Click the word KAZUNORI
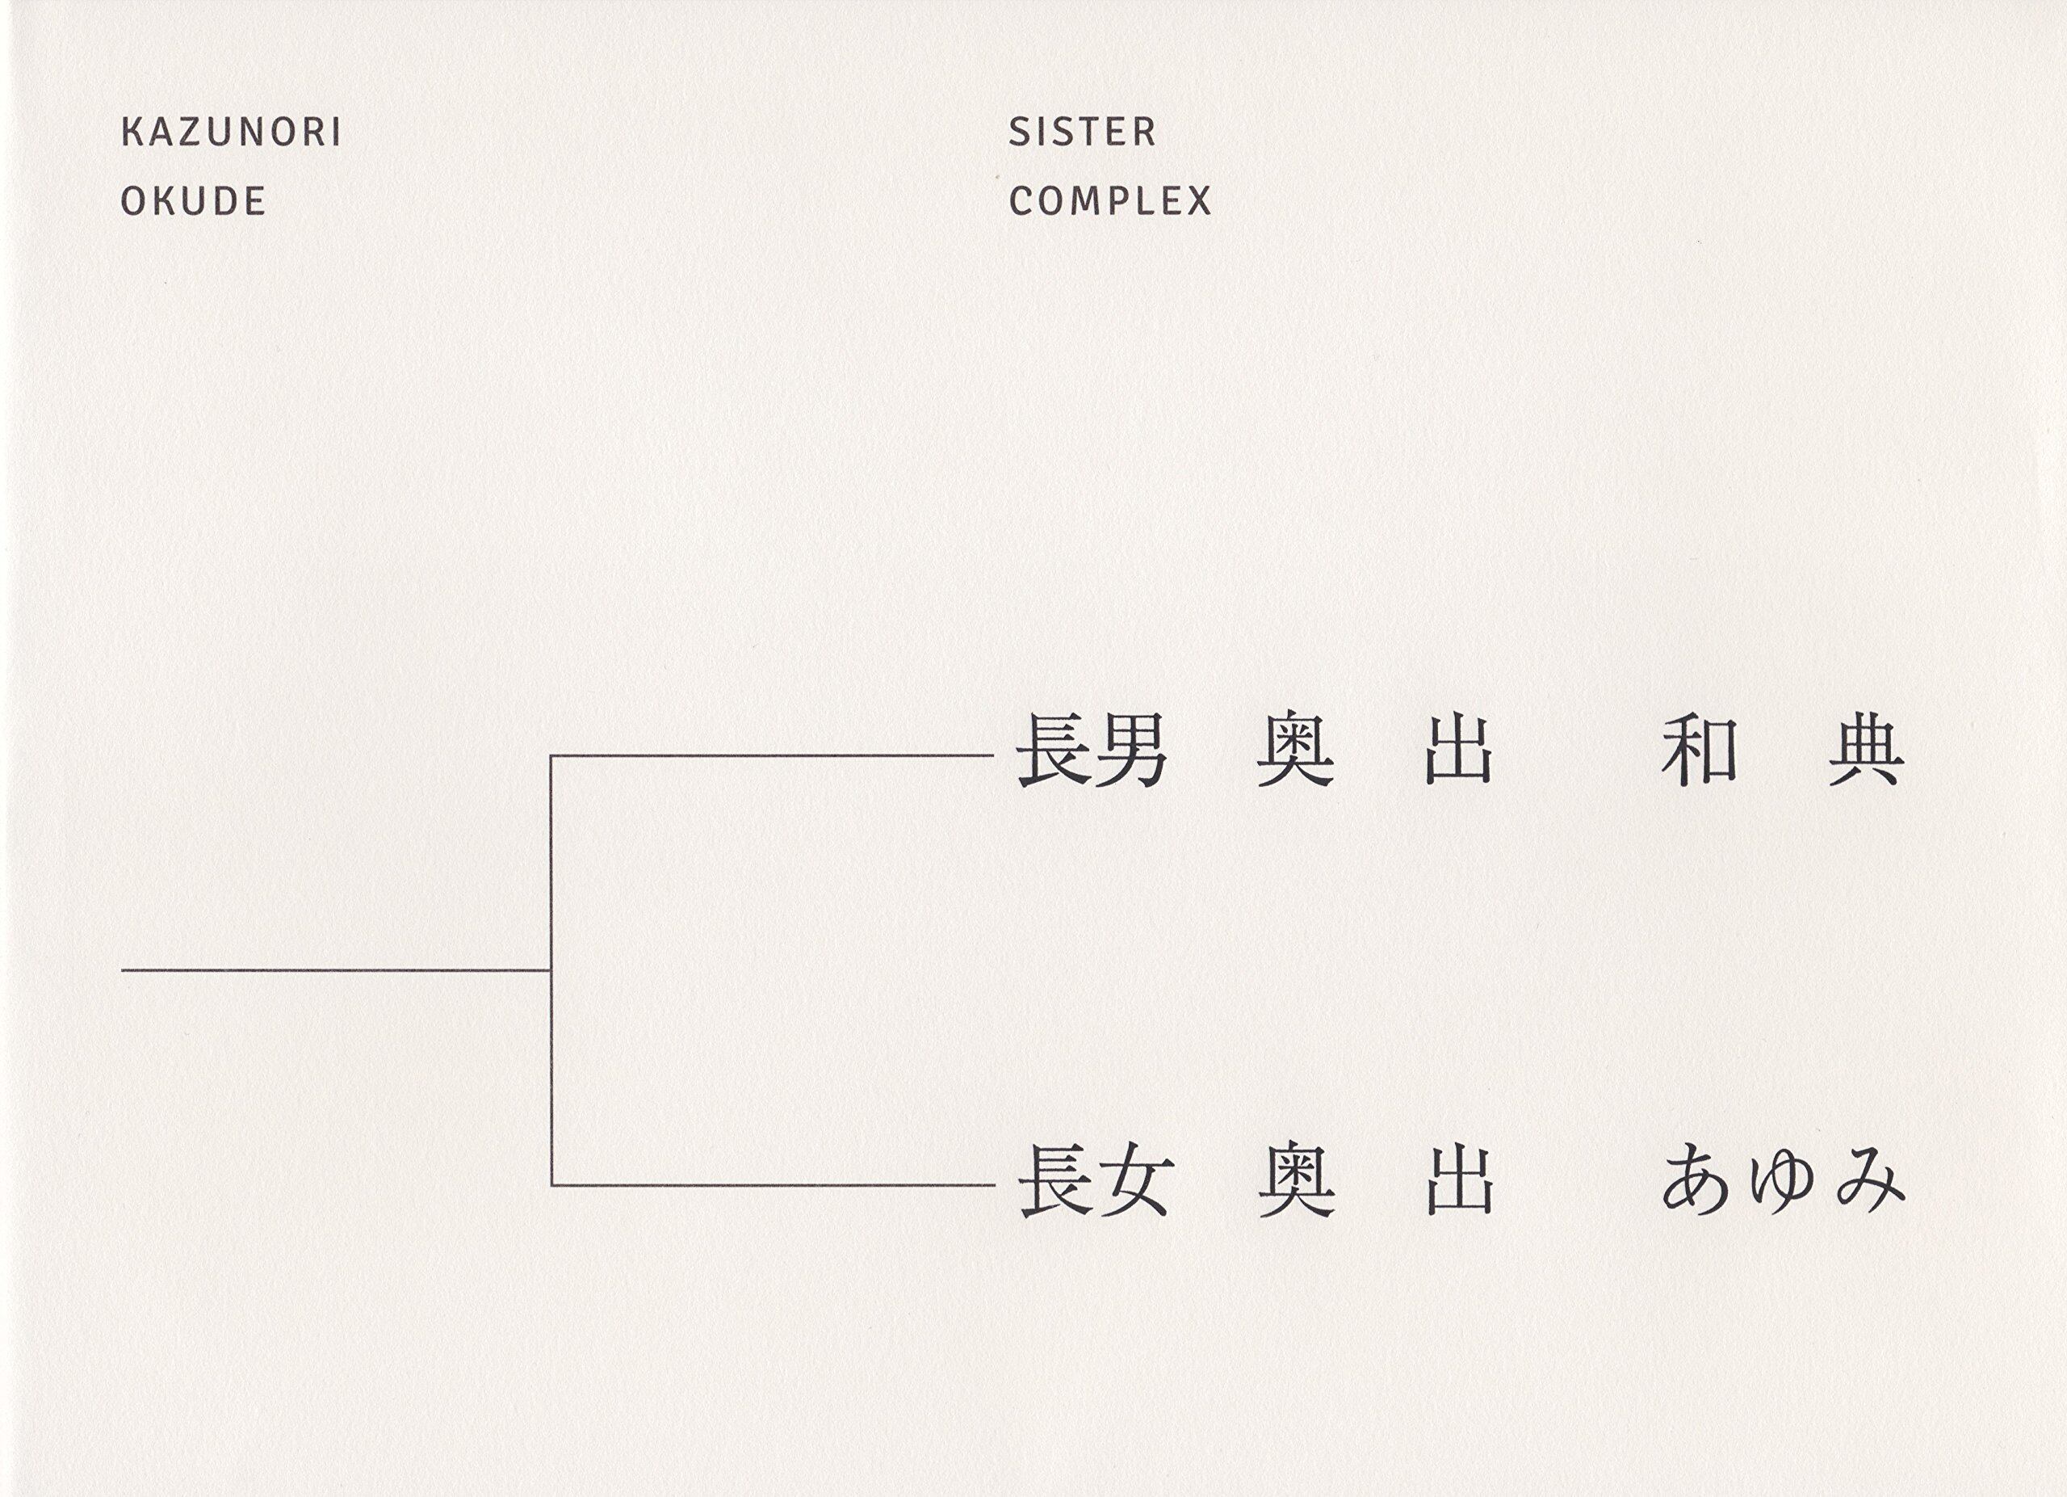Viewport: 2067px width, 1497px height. tap(232, 133)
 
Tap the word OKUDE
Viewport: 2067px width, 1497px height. tap(193, 201)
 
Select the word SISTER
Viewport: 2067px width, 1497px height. tap(1082, 133)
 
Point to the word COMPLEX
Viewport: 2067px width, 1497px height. tap(1110, 201)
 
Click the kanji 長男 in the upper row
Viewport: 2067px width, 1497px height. tap(1092, 753)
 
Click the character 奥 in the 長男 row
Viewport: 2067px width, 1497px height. tap(1295, 753)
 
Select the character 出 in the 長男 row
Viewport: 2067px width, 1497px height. tap(1459, 753)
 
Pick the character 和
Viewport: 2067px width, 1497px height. tap(1697, 753)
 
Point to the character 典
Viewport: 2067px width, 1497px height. tap(1866, 753)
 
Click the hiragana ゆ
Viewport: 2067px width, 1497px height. tap(1783, 1180)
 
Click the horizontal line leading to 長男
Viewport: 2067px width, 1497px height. tap(771, 755)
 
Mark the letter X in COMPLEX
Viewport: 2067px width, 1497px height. tap(1198, 201)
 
